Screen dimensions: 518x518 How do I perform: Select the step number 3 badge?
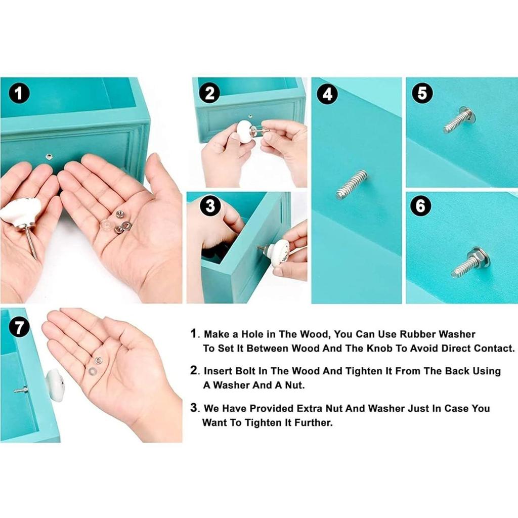coord(210,205)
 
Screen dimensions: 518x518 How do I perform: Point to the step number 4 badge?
coord(327,94)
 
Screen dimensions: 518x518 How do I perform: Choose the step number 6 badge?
coord(420,206)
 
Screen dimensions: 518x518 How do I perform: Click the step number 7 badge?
coord(19,327)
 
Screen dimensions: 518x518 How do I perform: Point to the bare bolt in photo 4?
coord(352,184)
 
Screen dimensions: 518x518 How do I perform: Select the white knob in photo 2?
coord(245,132)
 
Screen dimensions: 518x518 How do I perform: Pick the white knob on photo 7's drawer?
coord(55,385)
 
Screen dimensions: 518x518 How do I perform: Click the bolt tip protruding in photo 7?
coord(15,391)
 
